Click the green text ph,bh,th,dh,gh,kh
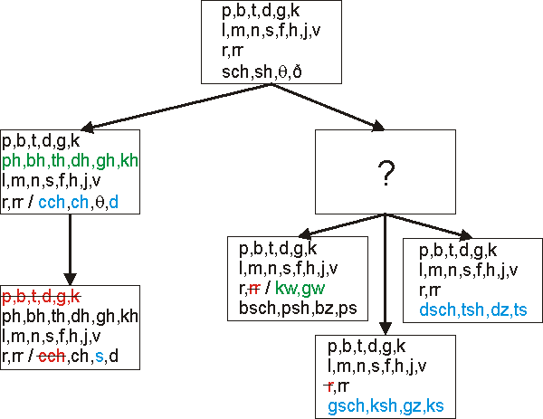[x=71, y=161]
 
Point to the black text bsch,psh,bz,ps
[x=298, y=308]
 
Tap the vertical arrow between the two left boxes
[x=69, y=249]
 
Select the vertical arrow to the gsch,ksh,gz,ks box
[x=386, y=271]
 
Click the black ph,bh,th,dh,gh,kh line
[x=71, y=317]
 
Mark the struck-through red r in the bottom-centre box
[x=330, y=386]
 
